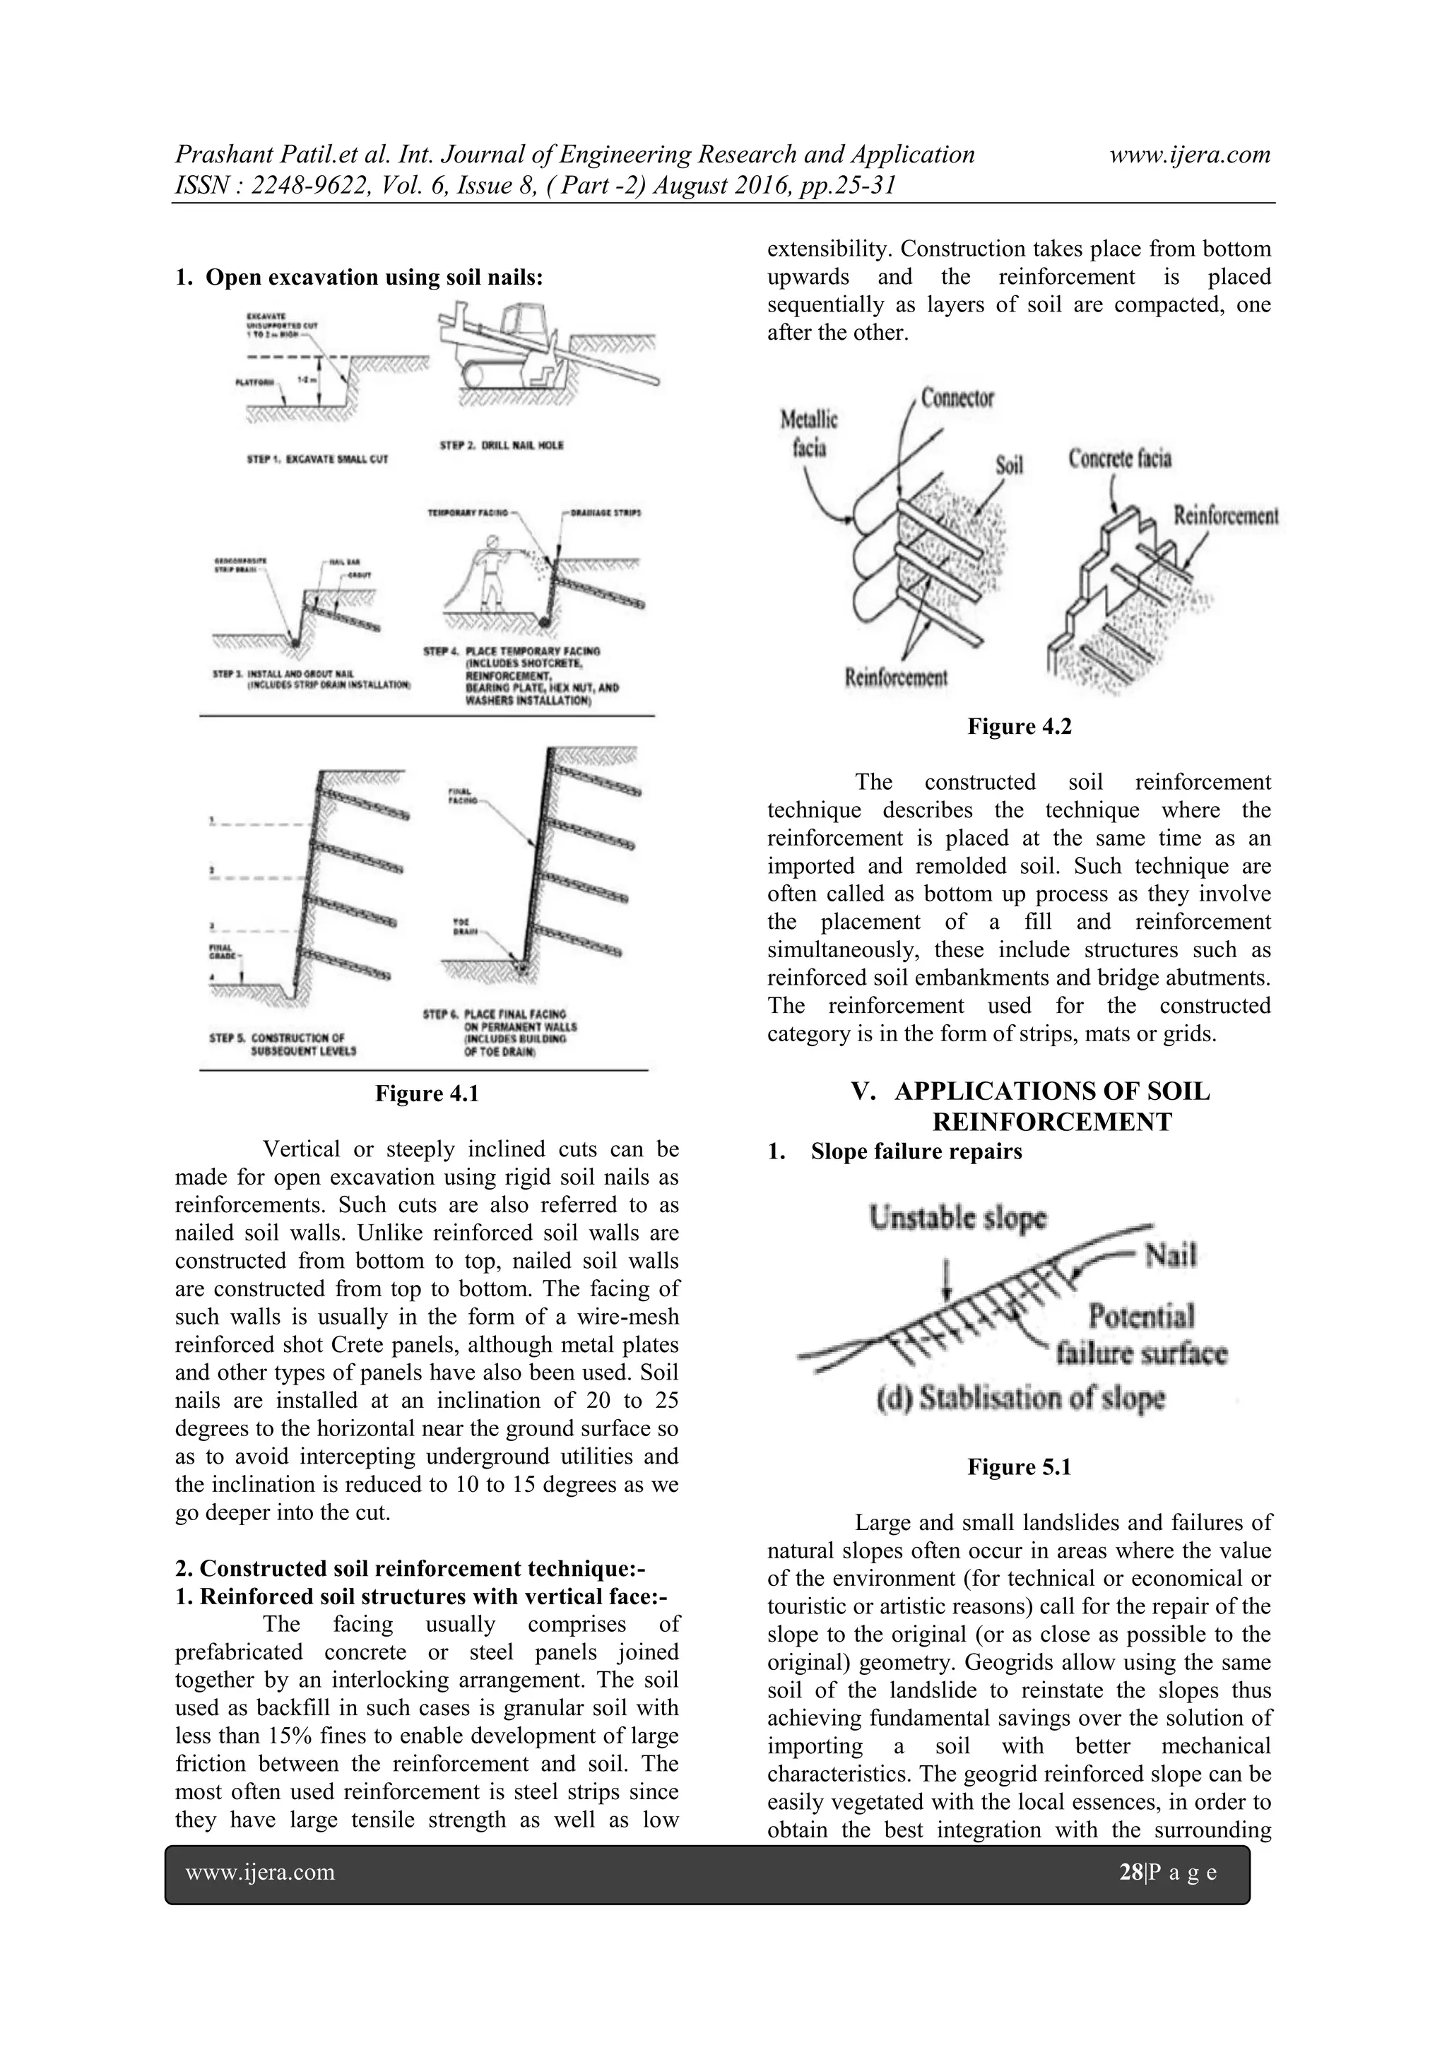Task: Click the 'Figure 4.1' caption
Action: pos(427,1093)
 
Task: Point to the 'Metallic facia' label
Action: pos(808,433)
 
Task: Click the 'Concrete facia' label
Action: pos(1119,458)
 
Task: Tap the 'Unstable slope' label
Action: pos(959,1219)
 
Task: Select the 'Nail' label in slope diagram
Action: pos(1171,1256)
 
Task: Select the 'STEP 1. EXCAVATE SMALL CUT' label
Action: pos(317,461)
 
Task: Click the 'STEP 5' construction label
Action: pos(277,1043)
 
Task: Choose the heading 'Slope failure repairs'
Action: pos(916,1151)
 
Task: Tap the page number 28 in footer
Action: pos(1130,1872)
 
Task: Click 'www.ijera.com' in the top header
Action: pos(1190,155)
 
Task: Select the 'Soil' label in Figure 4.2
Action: pos(1009,465)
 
